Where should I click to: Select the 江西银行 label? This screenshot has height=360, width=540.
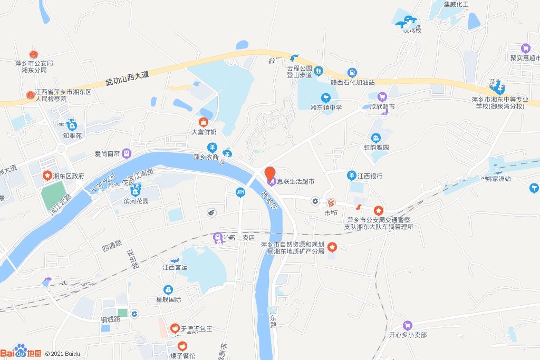[x=370, y=176]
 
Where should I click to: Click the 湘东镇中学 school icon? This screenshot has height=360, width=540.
[x=326, y=98]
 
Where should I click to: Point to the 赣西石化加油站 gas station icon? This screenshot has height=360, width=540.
[x=351, y=73]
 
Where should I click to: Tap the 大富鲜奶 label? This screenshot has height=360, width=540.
[x=204, y=133]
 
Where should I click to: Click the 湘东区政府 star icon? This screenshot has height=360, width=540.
[x=47, y=176]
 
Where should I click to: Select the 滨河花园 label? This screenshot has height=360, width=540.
[x=136, y=201]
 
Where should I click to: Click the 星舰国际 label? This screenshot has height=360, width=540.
[x=168, y=299]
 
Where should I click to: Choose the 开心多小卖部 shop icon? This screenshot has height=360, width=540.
[x=407, y=325]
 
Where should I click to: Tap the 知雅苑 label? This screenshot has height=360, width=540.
[x=72, y=135]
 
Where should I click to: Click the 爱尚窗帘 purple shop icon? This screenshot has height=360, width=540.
[x=127, y=153]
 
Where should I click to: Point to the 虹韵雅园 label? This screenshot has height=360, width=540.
[x=376, y=148]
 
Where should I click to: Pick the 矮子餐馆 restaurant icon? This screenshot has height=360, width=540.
[x=182, y=346]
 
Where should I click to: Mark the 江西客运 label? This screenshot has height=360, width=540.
[x=175, y=268]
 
